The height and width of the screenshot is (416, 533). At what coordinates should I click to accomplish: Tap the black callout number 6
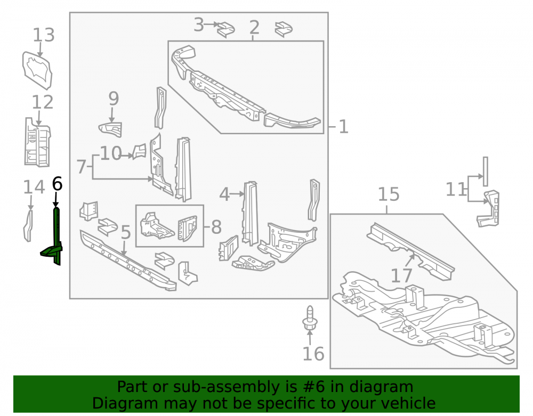tap(57, 184)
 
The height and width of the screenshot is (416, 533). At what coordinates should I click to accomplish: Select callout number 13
tap(44, 35)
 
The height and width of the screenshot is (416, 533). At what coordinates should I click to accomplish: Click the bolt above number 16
tap(310, 318)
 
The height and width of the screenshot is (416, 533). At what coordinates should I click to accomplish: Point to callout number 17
tap(401, 275)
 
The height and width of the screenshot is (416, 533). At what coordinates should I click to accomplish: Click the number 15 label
tap(389, 194)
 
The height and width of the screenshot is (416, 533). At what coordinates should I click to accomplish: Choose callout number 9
tap(114, 99)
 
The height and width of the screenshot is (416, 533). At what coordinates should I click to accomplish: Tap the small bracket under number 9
tap(110, 129)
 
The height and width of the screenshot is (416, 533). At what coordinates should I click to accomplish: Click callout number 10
tap(111, 153)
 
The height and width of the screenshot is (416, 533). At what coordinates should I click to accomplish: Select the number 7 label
tap(81, 167)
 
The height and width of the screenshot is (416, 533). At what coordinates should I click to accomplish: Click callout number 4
tap(224, 194)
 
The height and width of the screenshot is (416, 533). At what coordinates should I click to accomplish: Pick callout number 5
tap(126, 233)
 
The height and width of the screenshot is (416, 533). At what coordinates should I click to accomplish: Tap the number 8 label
tap(216, 227)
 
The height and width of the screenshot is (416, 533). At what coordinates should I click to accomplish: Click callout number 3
tap(198, 25)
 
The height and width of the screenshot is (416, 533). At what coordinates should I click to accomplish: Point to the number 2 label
tap(254, 27)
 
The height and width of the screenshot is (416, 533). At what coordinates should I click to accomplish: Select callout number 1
tap(343, 127)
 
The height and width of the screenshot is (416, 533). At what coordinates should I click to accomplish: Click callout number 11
tap(456, 189)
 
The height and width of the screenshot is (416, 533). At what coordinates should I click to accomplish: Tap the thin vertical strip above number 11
tap(486, 172)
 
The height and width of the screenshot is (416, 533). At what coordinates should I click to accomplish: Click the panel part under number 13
tap(37, 71)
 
